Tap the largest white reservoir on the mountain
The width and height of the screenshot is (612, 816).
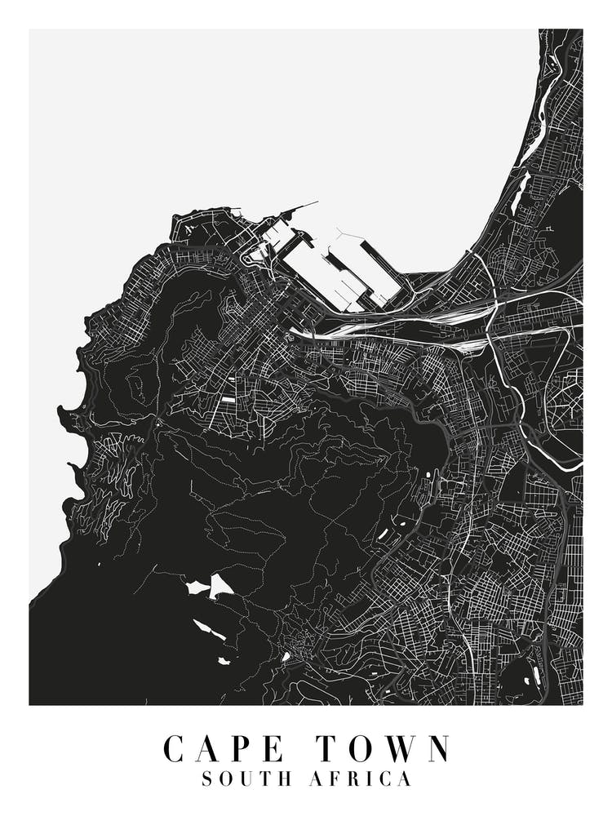pos(220,585)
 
